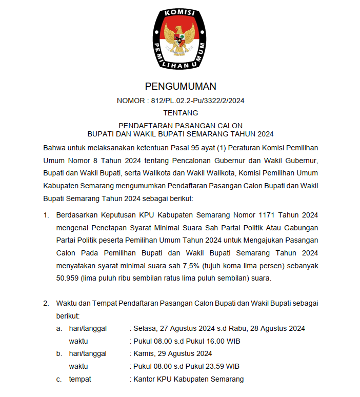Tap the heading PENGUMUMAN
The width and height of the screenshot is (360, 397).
181,86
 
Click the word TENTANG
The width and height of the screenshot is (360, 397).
181,113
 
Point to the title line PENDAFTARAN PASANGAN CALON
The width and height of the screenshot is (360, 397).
181,126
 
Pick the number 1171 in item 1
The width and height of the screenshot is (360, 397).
270,215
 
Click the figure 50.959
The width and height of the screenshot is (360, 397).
69,278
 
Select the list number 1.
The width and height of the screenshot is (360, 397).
46,215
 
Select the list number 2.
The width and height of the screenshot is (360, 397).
46,303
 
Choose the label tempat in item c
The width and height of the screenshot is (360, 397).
80,379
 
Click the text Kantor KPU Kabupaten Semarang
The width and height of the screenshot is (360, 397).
188,379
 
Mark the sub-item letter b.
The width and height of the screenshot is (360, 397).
59,353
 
